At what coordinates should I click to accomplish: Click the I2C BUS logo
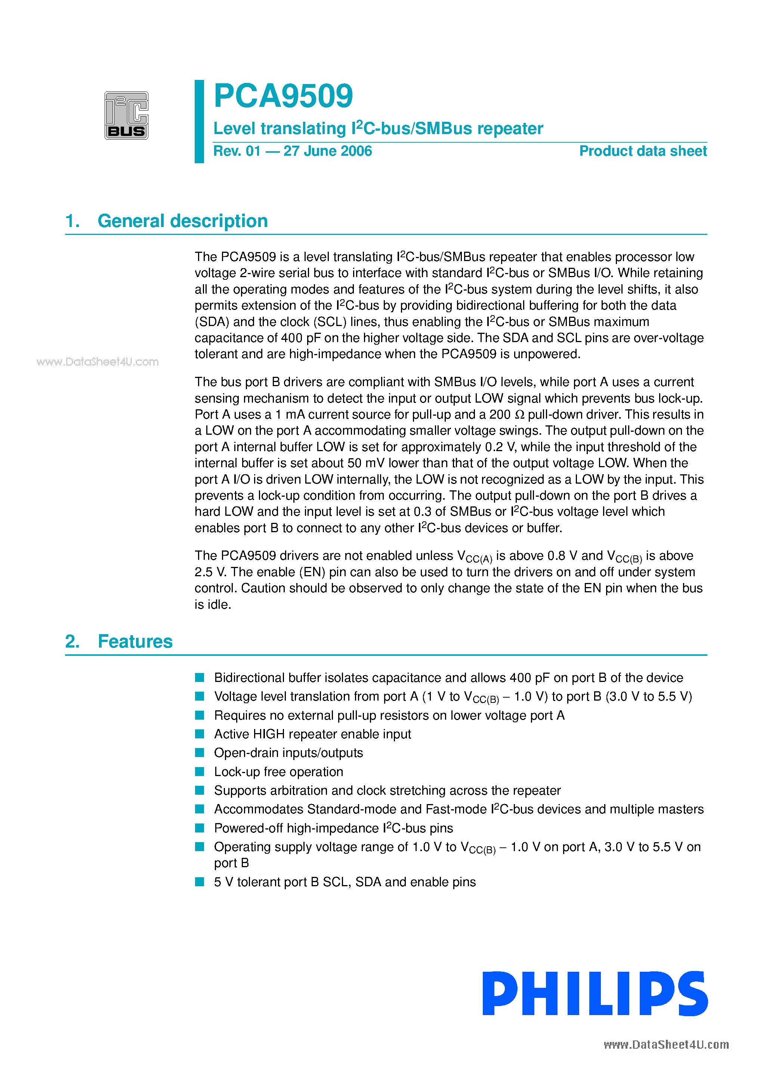126,115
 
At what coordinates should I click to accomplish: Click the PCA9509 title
283,96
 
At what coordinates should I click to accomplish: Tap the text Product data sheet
643,151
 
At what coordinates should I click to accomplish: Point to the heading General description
182,221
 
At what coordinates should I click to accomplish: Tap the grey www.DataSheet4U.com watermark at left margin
97,362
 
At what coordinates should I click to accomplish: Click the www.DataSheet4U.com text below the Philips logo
666,1045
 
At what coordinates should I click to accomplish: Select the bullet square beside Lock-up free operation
200,772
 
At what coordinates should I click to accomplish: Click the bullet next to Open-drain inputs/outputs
200,753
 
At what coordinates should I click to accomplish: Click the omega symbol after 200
520,415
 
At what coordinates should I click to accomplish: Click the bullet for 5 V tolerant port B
200,882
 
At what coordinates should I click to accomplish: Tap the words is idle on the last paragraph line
212,605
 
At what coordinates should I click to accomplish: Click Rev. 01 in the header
237,151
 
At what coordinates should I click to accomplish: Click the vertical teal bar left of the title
199,121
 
